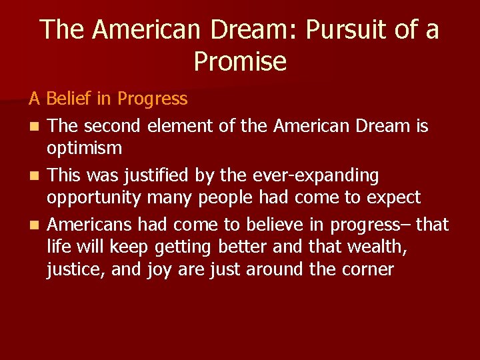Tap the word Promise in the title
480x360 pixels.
tap(240, 62)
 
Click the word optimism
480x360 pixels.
tap(84, 149)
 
